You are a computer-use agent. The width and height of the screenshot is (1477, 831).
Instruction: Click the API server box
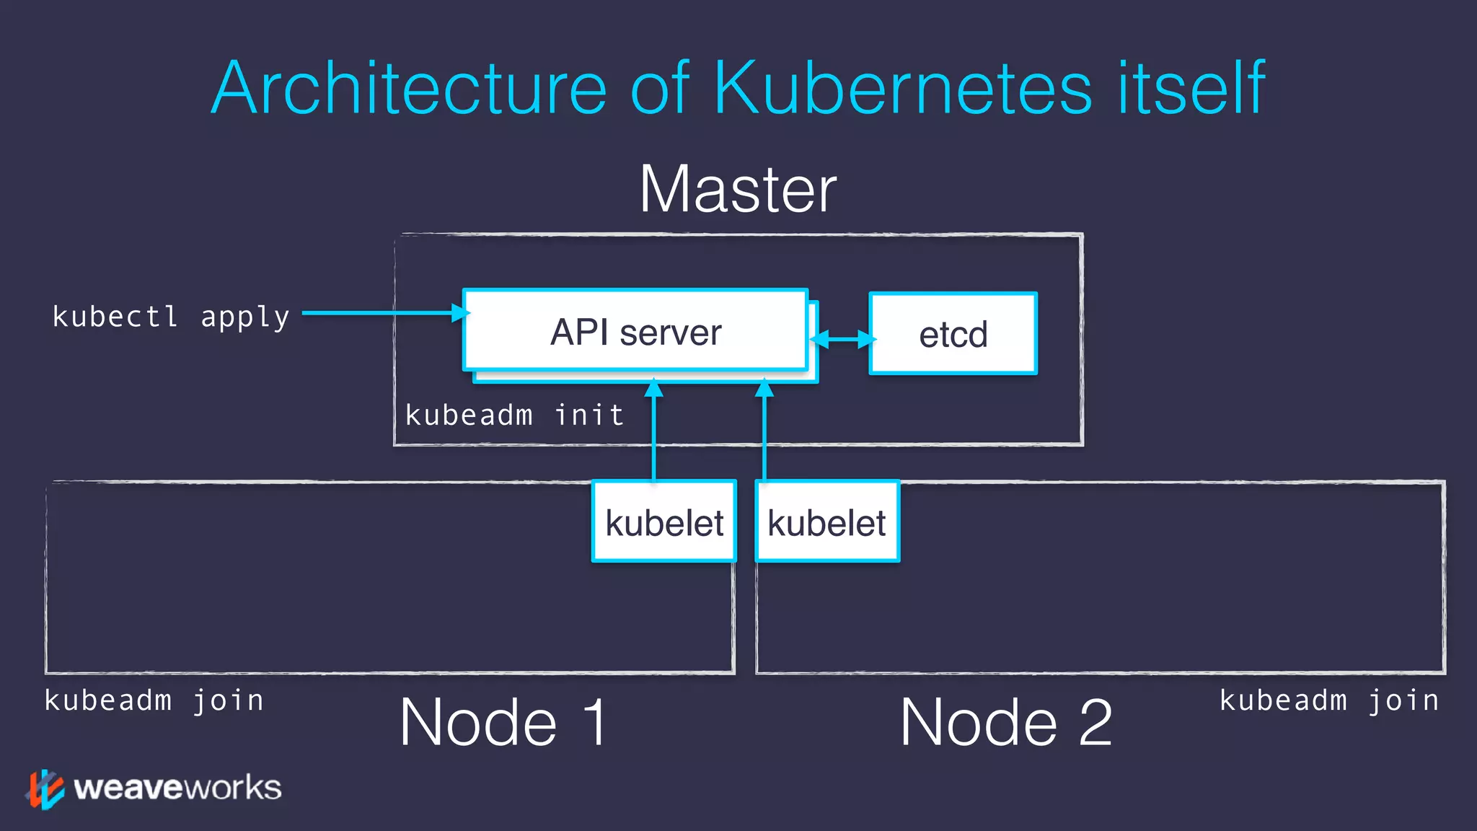point(635,332)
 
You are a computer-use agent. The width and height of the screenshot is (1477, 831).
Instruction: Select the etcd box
point(953,334)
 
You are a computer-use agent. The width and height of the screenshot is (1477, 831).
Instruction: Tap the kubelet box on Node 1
point(664,522)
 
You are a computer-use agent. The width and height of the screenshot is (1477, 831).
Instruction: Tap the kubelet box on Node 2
point(827,522)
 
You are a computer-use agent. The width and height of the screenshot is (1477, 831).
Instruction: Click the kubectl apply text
point(171,317)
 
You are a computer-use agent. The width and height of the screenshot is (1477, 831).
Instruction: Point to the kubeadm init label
point(514,415)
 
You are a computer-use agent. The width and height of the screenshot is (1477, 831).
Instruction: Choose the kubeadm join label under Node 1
point(154,700)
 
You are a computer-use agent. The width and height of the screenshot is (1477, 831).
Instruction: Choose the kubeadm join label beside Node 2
point(1329,700)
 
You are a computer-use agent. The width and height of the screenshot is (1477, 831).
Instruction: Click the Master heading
point(738,190)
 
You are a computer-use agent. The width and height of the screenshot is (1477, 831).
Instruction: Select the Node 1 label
point(503,722)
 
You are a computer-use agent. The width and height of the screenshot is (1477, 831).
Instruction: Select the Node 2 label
point(1006,722)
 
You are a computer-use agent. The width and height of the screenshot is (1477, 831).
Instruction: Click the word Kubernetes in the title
point(903,88)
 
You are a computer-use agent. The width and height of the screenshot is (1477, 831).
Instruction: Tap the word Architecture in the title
point(409,88)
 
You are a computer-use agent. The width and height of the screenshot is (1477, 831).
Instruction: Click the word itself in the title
point(1191,88)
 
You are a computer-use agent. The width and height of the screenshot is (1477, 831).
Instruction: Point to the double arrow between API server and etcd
point(843,339)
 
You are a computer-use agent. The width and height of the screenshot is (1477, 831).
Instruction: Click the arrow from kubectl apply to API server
point(382,313)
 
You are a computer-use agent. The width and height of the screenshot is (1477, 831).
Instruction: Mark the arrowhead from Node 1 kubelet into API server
point(653,390)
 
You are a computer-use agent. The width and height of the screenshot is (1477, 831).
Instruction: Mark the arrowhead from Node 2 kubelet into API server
point(764,390)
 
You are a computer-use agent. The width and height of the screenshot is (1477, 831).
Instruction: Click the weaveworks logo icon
point(45,788)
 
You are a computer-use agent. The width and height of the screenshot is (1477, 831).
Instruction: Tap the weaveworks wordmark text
point(177,788)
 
